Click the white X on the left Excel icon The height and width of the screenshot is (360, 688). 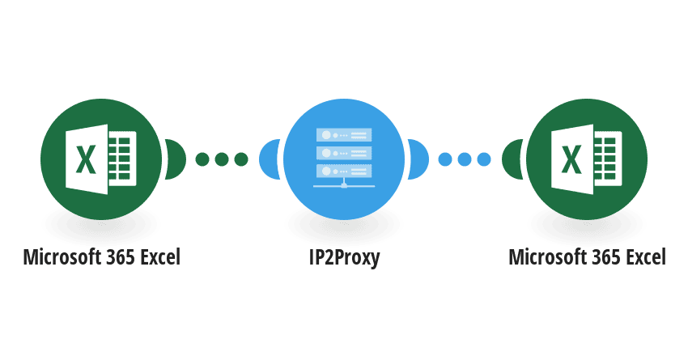pyautogui.click(x=86, y=159)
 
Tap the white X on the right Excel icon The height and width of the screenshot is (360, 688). pyautogui.click(x=571, y=159)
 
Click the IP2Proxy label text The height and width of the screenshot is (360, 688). pyautogui.click(x=344, y=257)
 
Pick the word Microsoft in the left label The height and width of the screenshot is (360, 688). pyautogui.click(x=61, y=257)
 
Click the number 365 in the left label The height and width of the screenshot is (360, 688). pyautogui.click(x=119, y=257)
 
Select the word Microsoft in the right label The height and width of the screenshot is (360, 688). pyautogui.click(x=546, y=257)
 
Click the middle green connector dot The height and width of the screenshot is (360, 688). pyautogui.click(x=222, y=159)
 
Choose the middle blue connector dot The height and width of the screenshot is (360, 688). pyautogui.click(x=465, y=159)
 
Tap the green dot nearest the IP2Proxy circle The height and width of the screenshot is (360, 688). pyautogui.click(x=241, y=159)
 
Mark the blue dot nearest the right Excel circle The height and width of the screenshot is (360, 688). pyautogui.click(x=484, y=159)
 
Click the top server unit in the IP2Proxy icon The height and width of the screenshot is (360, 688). pyautogui.click(x=344, y=135)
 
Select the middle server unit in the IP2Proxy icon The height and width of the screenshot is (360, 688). pyautogui.click(x=344, y=153)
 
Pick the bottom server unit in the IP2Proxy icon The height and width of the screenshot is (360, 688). pyautogui.click(x=344, y=171)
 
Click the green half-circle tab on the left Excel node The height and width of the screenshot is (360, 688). pyautogui.click(x=176, y=159)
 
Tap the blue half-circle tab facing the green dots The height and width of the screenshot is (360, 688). pyautogui.click(x=270, y=159)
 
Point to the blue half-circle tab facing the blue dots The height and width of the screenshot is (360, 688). pyautogui.click(x=418, y=159)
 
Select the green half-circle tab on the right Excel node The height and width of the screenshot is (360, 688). pyautogui.click(x=512, y=159)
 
